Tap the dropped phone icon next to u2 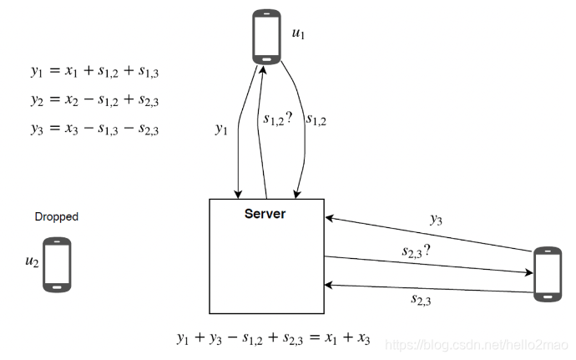57,265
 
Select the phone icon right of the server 547,273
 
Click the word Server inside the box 265,214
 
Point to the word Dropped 57,217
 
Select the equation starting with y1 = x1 94,73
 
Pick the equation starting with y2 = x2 94,101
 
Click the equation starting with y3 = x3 94,129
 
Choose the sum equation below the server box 273,338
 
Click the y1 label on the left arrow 221,129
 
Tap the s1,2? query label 278,119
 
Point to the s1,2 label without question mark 316,120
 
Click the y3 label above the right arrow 436,220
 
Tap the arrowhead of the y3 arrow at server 329,219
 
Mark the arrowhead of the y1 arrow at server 240,195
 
